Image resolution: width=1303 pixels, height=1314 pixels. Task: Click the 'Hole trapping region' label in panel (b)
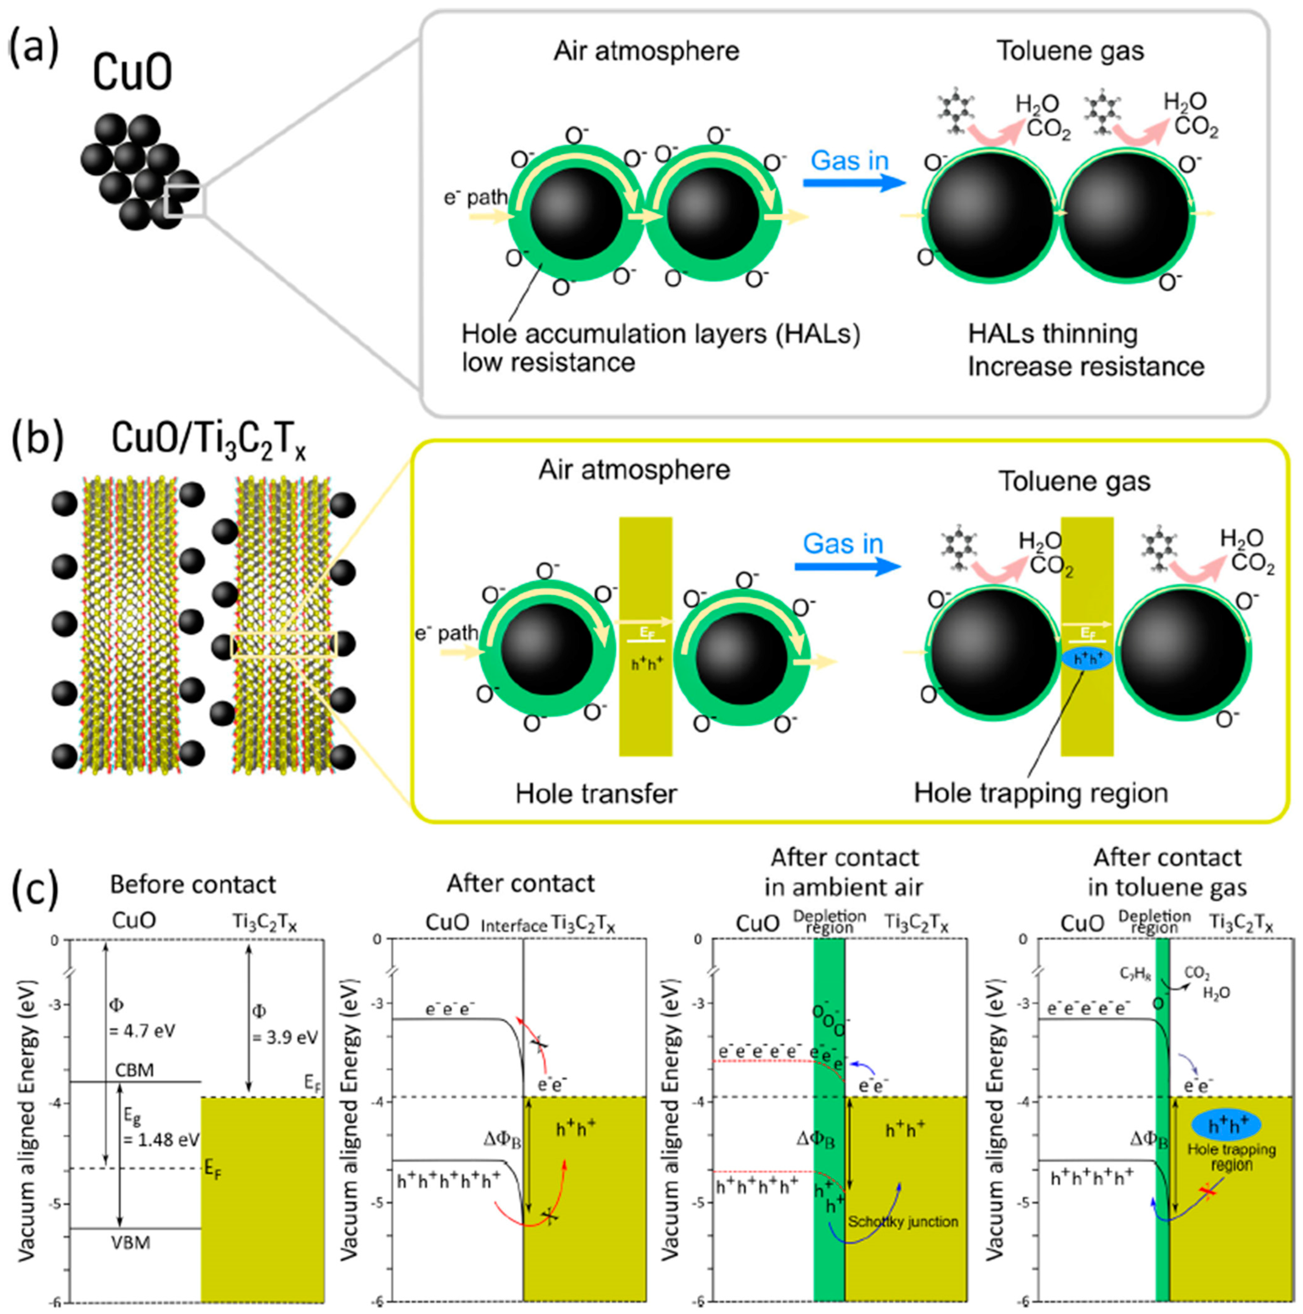1040,792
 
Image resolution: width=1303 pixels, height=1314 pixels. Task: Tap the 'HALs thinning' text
1053,334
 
